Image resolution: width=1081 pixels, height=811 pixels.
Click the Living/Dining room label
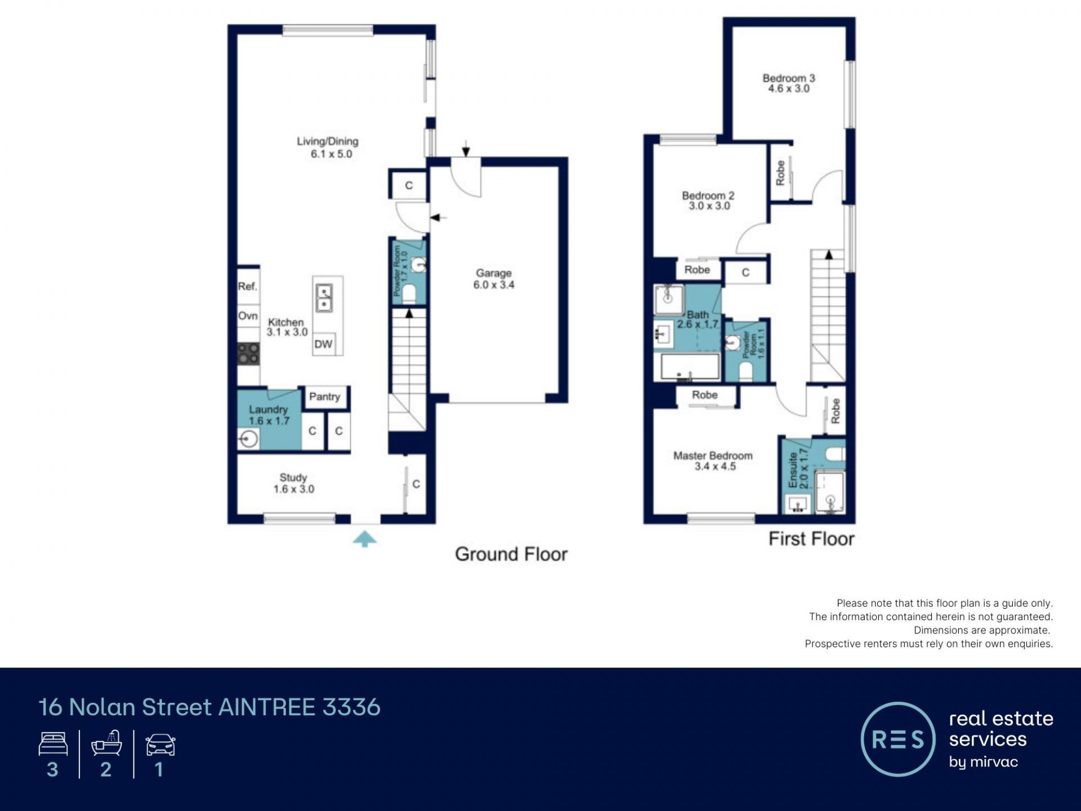(328, 148)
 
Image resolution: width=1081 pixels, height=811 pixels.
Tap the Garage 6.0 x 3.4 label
(494, 279)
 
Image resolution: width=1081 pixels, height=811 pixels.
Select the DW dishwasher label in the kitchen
(323, 344)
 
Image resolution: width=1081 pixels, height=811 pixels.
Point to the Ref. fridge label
(247, 286)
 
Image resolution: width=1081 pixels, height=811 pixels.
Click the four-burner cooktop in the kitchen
(248, 354)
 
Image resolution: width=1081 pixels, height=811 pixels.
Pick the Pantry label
(325, 396)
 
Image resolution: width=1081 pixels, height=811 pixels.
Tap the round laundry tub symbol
(248, 439)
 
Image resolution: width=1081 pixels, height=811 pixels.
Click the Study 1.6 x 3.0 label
(294, 483)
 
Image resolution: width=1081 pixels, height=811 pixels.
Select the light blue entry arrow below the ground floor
(365, 538)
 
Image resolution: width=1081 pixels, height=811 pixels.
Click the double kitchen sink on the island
(324, 298)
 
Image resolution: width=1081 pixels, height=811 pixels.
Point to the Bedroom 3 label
(789, 83)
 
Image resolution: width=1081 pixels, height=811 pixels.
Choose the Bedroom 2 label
(708, 200)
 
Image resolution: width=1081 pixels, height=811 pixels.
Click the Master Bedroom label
(713, 461)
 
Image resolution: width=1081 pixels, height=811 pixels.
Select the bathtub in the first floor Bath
(690, 367)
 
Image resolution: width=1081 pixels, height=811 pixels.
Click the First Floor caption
(811, 539)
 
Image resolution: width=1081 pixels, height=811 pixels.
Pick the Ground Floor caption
(511, 554)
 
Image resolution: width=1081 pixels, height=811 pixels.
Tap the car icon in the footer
(160, 745)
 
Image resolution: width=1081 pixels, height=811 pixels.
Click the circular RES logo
(898, 739)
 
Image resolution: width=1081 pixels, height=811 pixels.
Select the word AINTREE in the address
(267, 707)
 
